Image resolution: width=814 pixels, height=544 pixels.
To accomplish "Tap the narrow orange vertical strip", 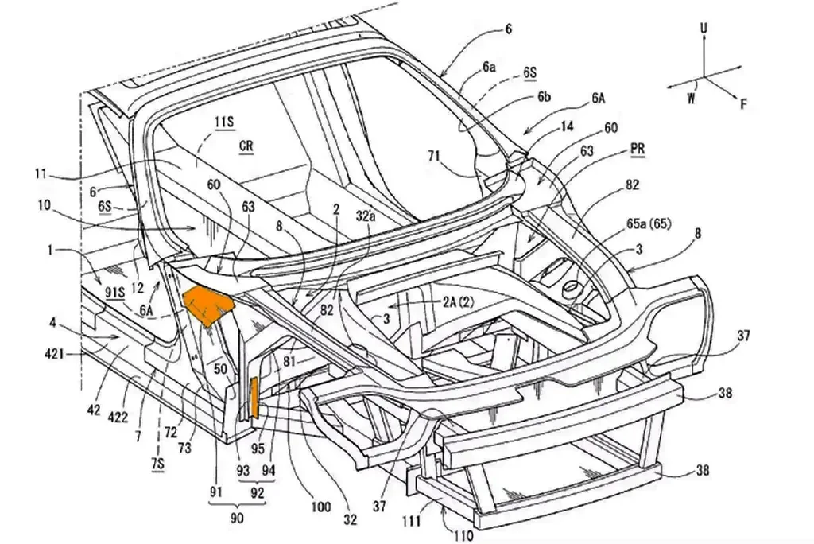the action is point(254,398).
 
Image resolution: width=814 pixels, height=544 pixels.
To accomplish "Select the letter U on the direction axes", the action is point(704,29).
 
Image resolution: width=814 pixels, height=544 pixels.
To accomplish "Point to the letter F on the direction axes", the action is point(743,105).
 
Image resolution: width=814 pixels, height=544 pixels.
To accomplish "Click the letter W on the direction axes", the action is point(691,97).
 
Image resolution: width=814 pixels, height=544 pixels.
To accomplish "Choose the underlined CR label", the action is point(246,146).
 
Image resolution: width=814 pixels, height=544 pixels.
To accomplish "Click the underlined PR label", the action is point(638,149).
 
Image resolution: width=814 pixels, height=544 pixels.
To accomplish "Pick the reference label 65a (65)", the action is point(649,224).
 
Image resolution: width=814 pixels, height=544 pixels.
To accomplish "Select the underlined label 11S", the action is point(224,122).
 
